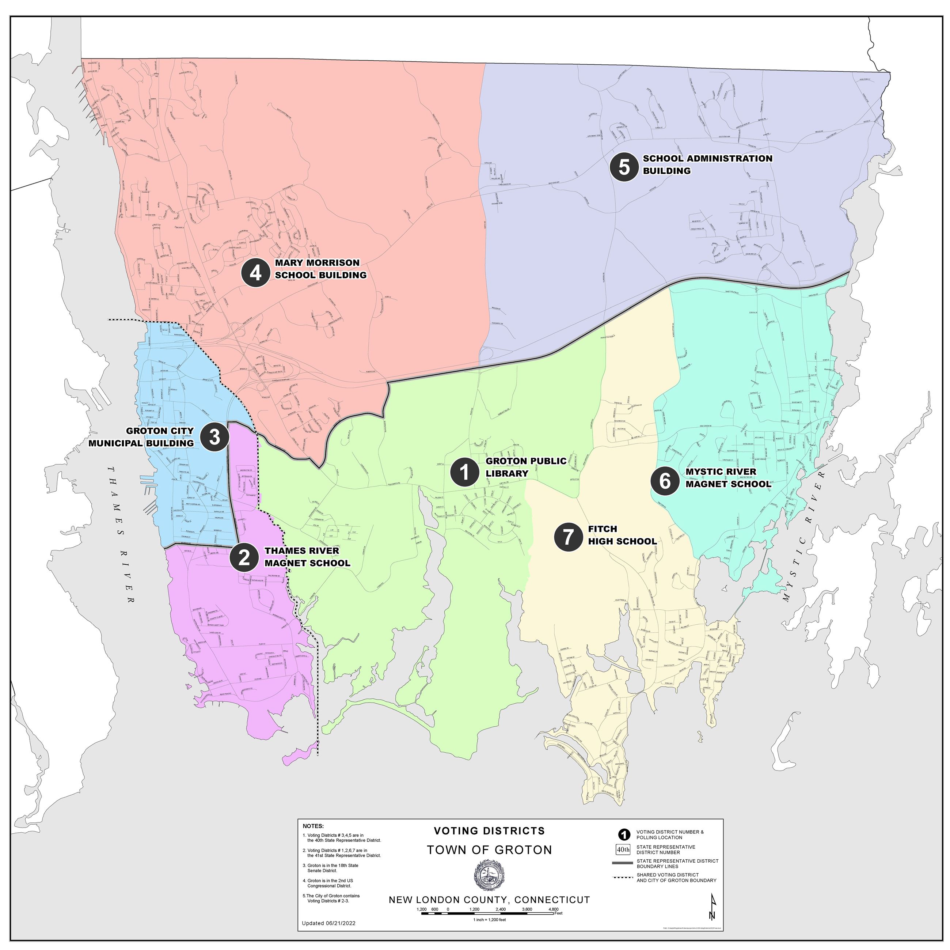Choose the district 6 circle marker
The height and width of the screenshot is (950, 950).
point(665,481)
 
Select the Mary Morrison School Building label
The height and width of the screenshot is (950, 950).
point(320,269)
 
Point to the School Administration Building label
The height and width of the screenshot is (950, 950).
point(707,164)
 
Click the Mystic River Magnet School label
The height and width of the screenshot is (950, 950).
point(728,478)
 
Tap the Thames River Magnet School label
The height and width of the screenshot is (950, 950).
point(307,557)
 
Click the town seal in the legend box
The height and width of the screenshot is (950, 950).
point(489,875)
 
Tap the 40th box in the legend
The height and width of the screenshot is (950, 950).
point(623,849)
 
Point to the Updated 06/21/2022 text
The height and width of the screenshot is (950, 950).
point(328,923)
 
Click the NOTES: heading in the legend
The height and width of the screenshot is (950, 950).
point(313,826)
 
